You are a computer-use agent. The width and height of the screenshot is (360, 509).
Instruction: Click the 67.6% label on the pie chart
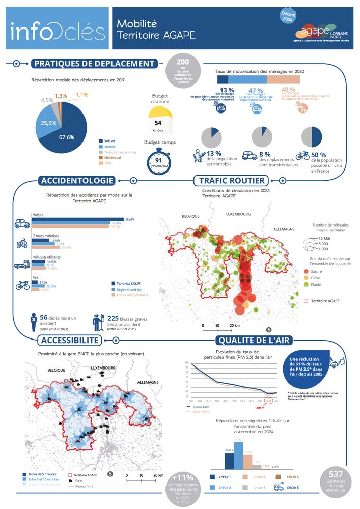(67, 137)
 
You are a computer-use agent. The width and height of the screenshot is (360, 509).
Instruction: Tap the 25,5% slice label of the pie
(49, 123)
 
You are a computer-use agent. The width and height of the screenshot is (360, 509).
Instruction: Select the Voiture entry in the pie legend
(109, 141)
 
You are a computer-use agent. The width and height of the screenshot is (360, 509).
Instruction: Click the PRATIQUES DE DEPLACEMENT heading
(93, 64)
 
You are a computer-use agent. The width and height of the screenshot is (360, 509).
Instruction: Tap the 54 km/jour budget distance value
(158, 123)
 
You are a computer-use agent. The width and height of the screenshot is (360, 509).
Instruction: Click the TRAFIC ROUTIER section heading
(232, 181)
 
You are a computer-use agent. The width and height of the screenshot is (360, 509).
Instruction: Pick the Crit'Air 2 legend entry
(224, 488)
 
